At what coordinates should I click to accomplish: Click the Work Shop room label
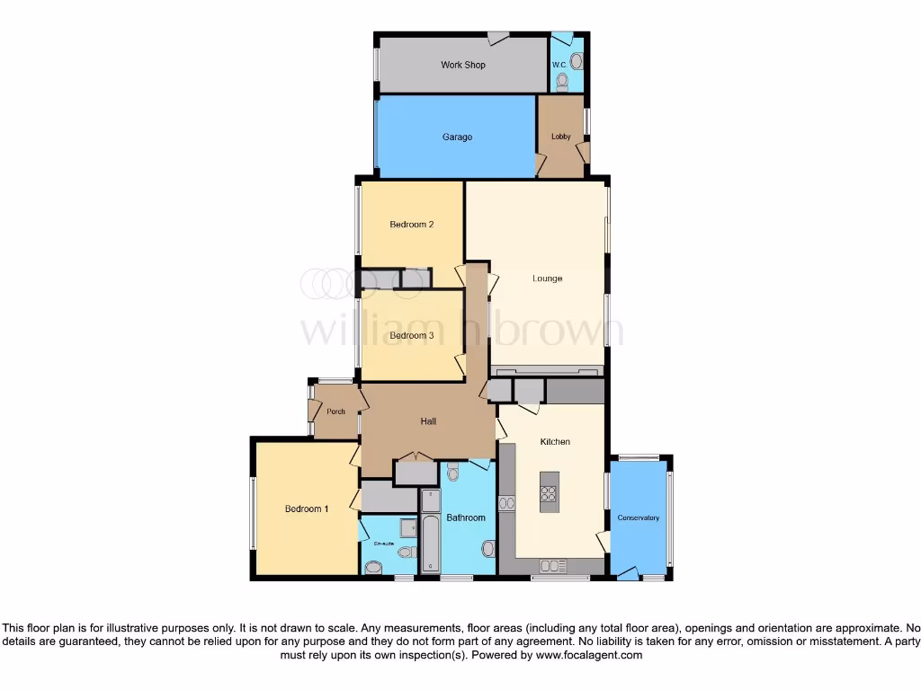click(462, 65)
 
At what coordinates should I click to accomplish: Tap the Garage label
click(457, 137)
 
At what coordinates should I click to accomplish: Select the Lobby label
click(560, 137)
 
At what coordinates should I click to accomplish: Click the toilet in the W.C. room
click(562, 82)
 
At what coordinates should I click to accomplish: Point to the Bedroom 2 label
click(412, 225)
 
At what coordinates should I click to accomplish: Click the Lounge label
click(547, 279)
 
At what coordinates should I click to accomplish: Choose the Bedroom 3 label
click(412, 336)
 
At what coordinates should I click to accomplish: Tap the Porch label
click(335, 411)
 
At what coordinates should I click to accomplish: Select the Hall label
click(429, 421)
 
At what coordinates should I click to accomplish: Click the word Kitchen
click(555, 442)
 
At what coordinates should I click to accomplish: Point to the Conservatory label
click(639, 518)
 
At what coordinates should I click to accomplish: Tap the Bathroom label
click(466, 517)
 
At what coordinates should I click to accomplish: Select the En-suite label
click(384, 544)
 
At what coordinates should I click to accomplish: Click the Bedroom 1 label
click(307, 509)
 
